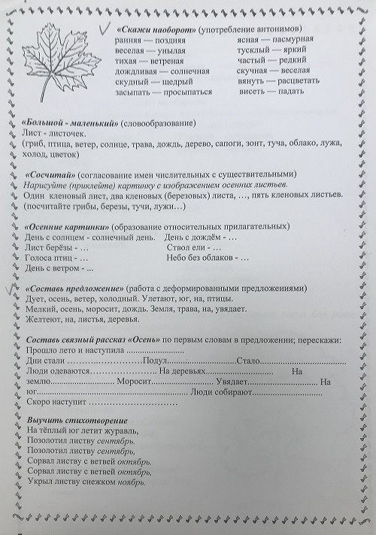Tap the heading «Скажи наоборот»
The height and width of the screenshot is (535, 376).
tap(156, 29)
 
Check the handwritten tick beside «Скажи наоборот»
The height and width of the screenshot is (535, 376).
tap(98, 29)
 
